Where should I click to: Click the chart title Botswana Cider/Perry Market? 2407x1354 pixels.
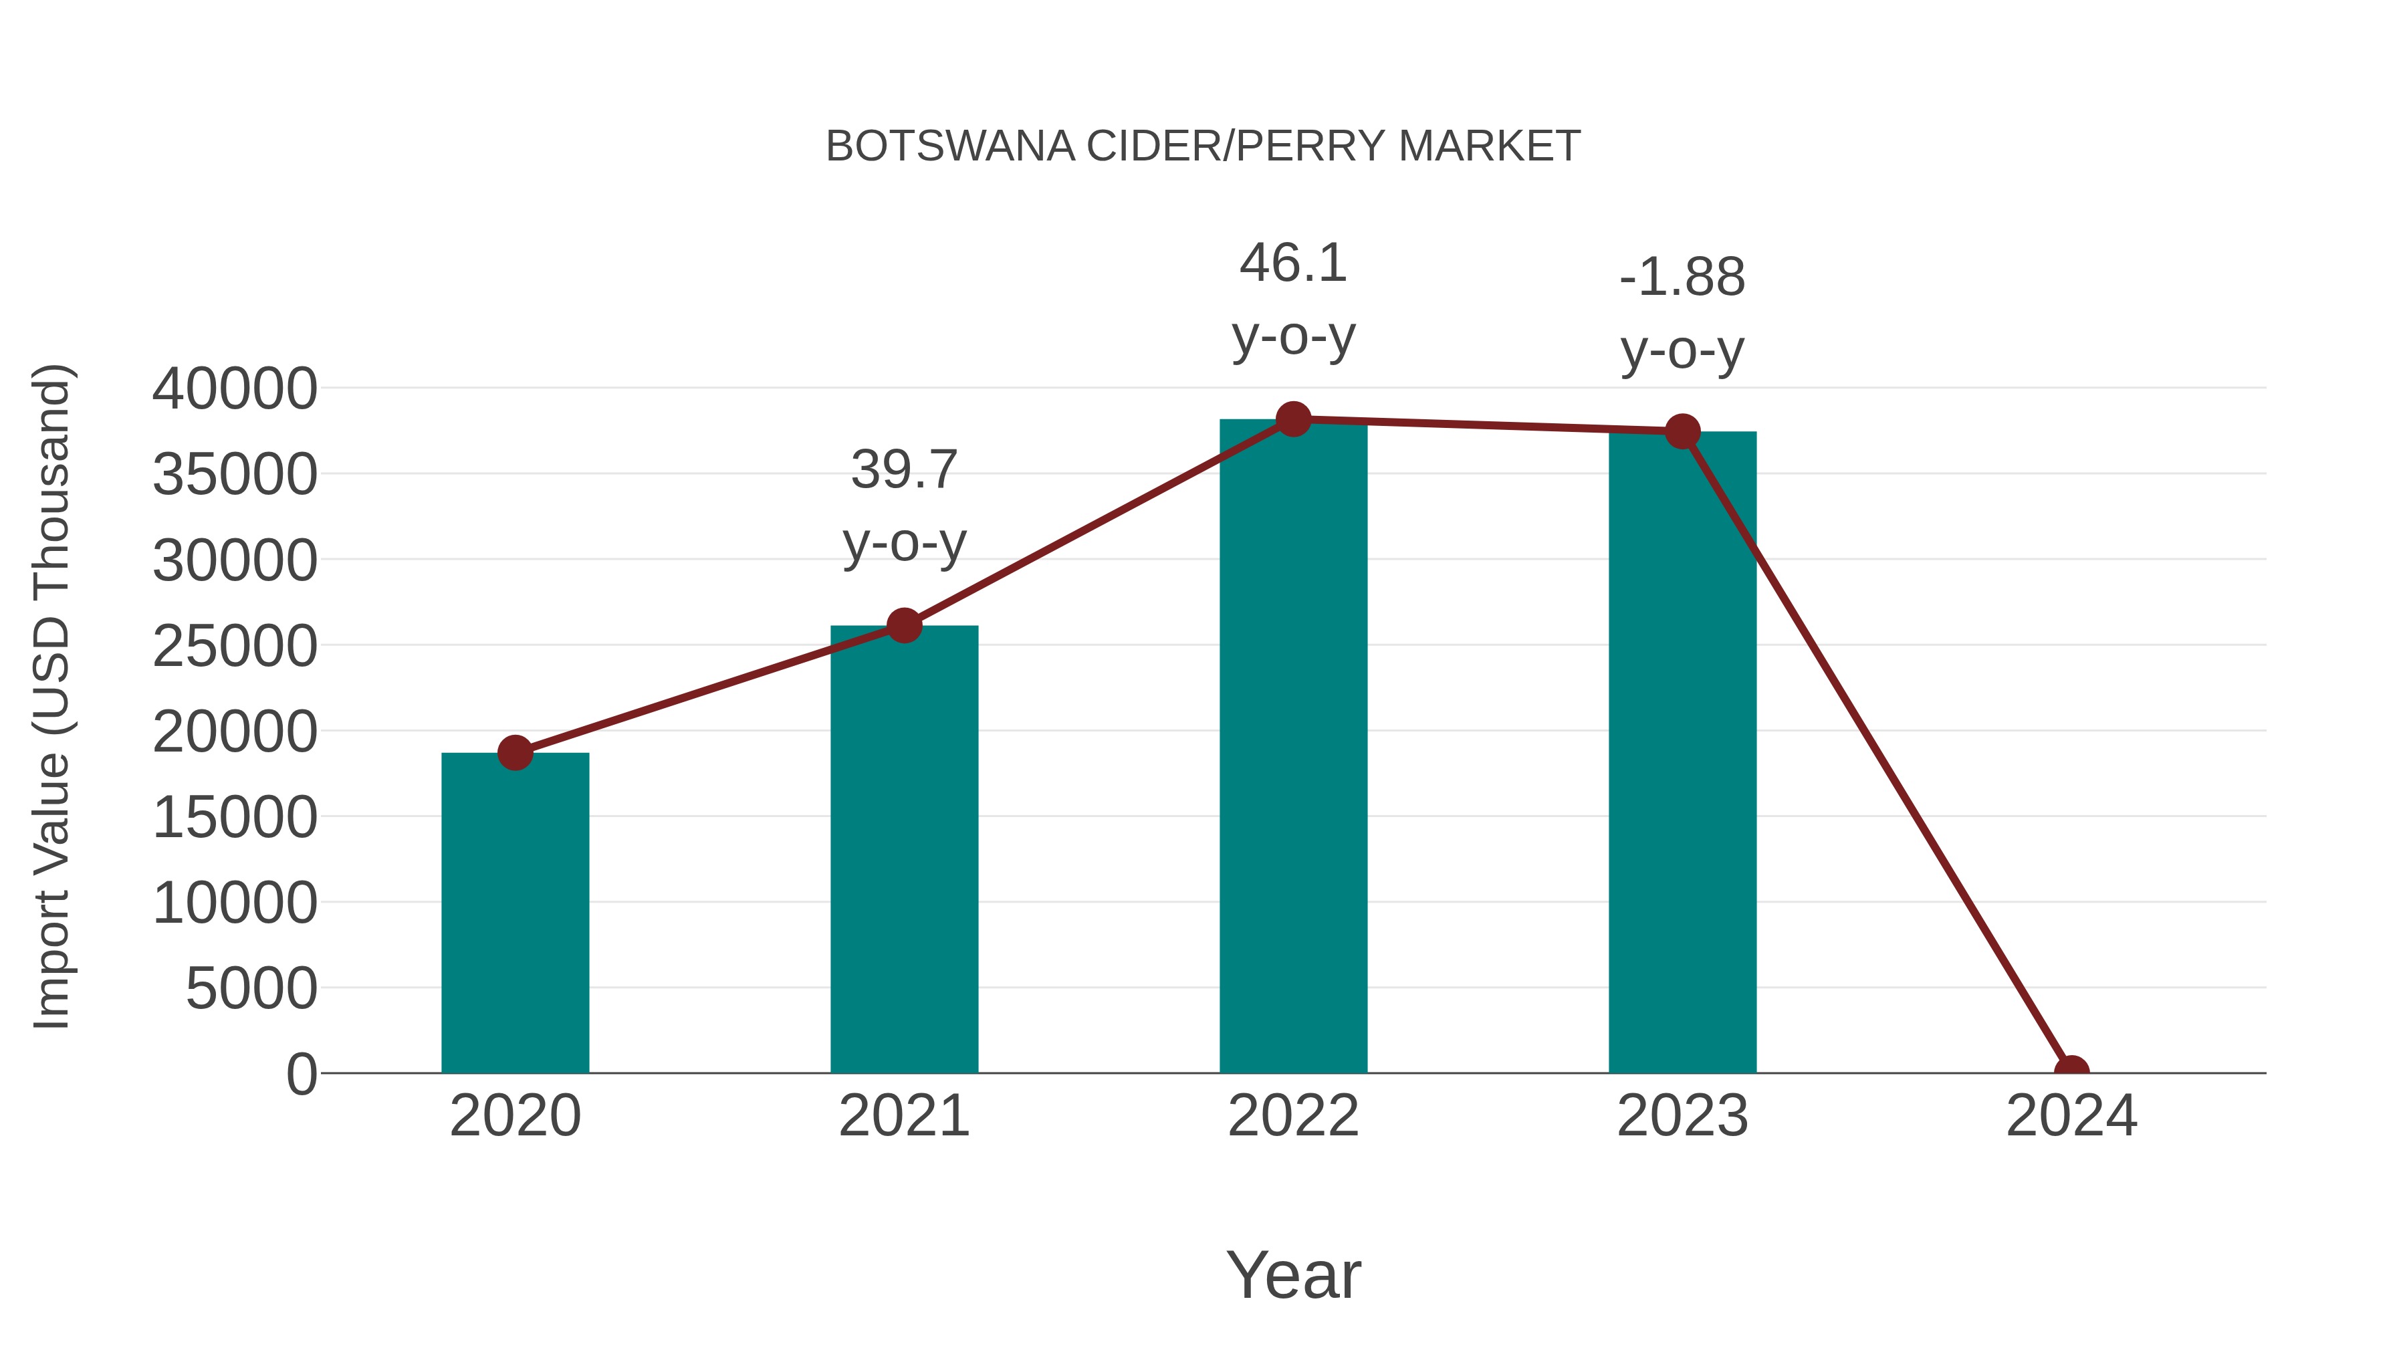(x=1203, y=146)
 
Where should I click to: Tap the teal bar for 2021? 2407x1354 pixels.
(x=903, y=851)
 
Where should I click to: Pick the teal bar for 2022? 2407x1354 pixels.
(x=1292, y=748)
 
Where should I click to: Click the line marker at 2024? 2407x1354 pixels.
(x=2071, y=1071)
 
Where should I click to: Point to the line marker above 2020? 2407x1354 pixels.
(x=515, y=752)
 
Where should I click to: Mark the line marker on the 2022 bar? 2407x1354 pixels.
(x=1292, y=419)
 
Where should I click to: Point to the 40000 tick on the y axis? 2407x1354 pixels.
(x=235, y=388)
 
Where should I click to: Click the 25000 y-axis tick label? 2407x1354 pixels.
(x=235, y=646)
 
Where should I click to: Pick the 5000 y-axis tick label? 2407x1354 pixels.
(x=251, y=989)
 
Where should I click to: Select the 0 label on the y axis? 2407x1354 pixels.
(x=301, y=1074)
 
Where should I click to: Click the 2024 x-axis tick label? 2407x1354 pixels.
(x=2071, y=1116)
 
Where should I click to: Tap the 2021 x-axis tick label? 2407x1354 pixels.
(x=903, y=1116)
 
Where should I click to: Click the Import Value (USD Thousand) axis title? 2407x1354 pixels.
(x=51, y=696)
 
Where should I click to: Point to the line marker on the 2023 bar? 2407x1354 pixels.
(x=1682, y=432)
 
